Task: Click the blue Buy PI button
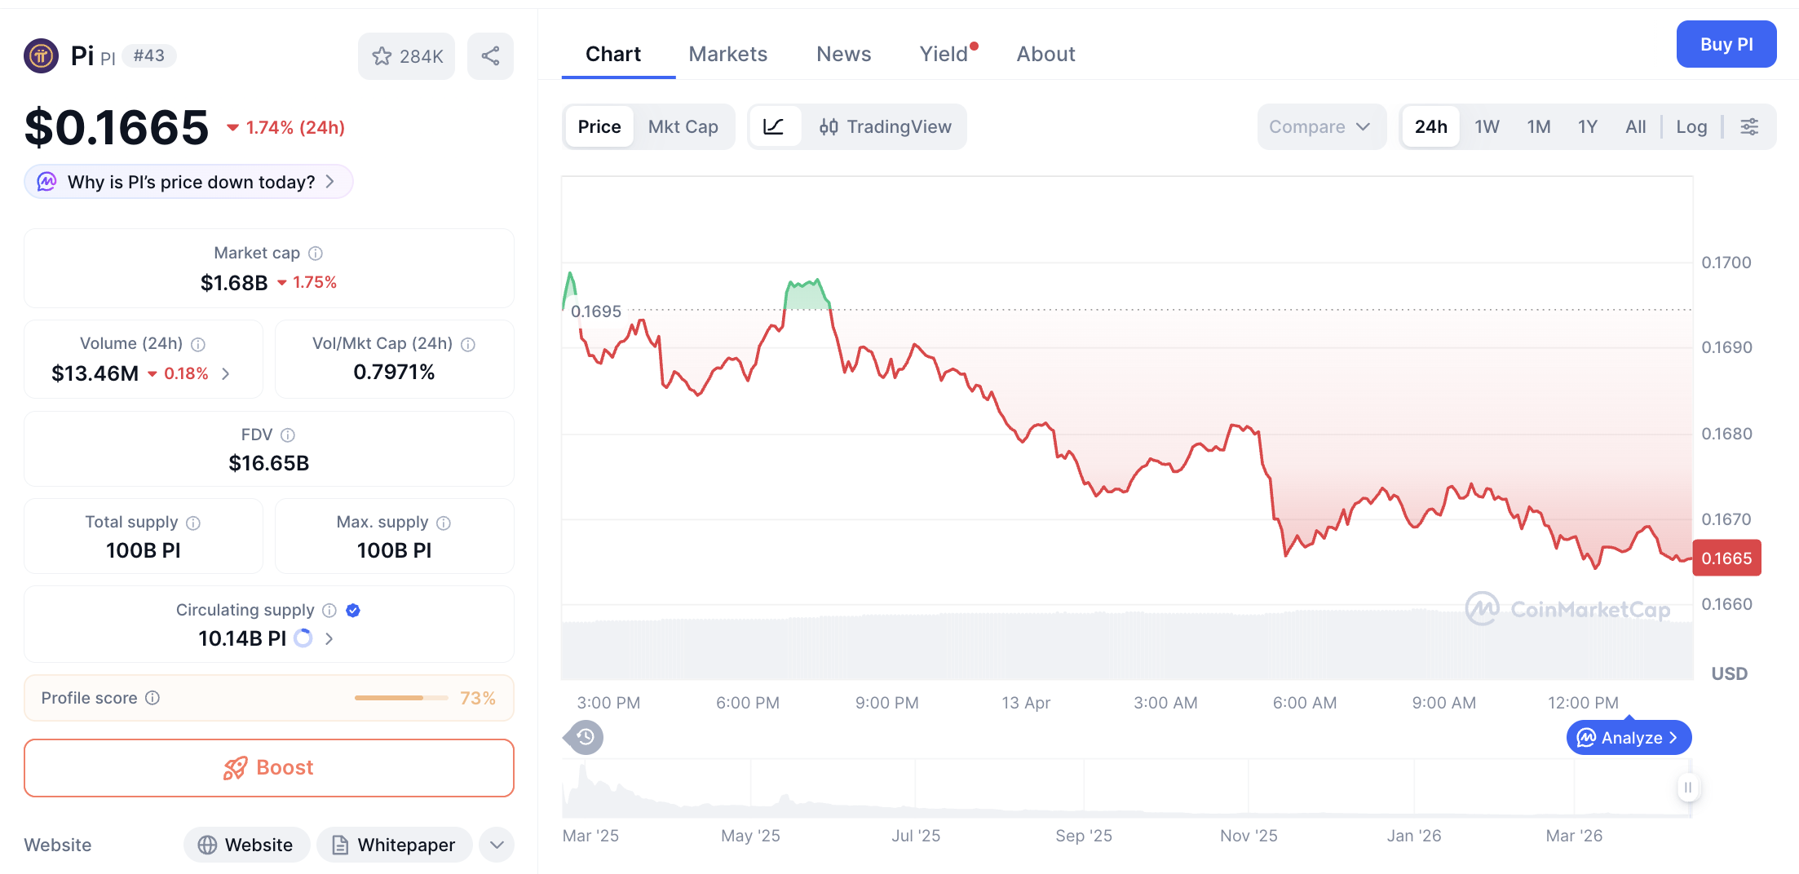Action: pos(1726,45)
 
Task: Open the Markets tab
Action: pos(727,54)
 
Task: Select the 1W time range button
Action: pos(1486,126)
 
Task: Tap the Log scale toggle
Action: pos(1691,126)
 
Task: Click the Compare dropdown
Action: pos(1319,126)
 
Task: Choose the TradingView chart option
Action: pos(886,126)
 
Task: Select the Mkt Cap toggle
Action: pos(683,126)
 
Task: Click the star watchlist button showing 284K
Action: pos(406,56)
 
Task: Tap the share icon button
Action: pos(490,56)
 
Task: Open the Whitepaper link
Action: pos(395,845)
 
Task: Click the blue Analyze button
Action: pos(1628,738)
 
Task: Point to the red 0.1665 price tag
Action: pos(1726,558)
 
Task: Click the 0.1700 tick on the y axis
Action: pos(1726,263)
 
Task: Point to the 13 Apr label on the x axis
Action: pos(1025,703)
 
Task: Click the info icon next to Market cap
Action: pos(316,254)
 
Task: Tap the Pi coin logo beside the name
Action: pos(41,56)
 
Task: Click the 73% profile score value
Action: pos(477,698)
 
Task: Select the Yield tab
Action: pos(944,54)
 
